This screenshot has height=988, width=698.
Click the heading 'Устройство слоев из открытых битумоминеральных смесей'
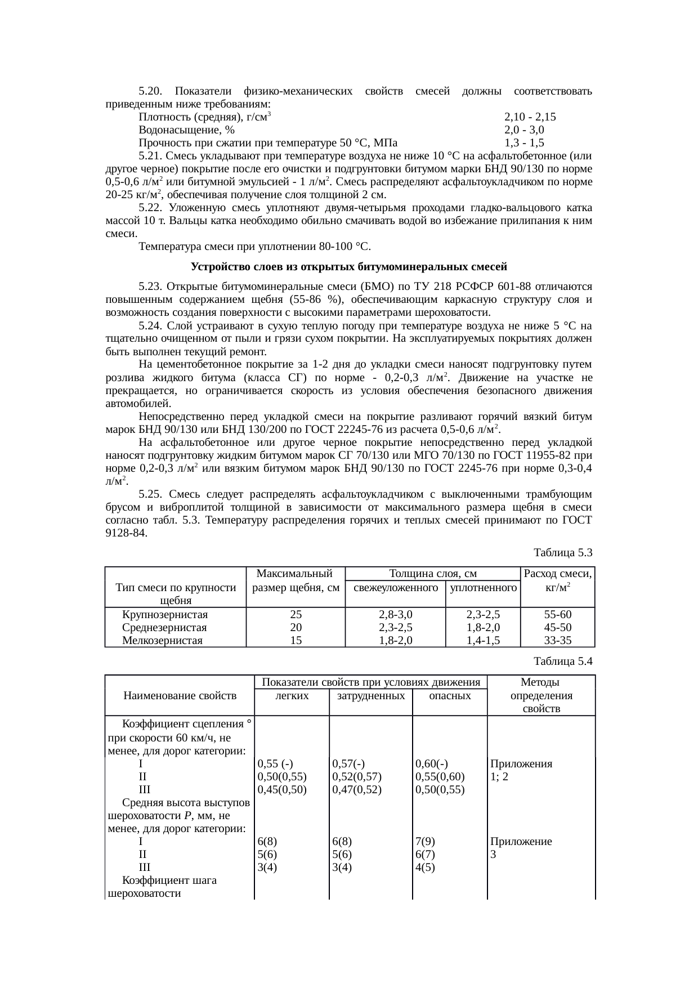[349, 266]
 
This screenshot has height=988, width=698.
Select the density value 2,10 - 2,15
[530, 117]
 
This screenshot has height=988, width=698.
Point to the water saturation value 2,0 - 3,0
[524, 130]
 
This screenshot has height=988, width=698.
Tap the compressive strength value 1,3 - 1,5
[524, 143]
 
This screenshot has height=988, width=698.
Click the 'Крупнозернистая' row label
[165, 614]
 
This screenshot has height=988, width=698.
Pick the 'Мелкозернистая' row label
[162, 640]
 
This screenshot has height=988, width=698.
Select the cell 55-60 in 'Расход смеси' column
[557, 614]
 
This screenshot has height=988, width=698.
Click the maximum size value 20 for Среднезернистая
[296, 627]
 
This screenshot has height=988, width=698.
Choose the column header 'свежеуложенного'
[395, 588]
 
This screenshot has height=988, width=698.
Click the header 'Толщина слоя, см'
[433, 574]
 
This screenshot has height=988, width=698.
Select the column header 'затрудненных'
[370, 696]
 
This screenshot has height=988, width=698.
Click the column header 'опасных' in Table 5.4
[449, 696]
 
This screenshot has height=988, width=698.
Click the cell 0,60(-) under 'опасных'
[431, 764]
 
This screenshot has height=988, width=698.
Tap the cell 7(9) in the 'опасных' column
[424, 842]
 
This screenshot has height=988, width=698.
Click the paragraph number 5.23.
[150, 287]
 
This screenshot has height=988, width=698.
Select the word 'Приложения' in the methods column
[521, 764]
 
